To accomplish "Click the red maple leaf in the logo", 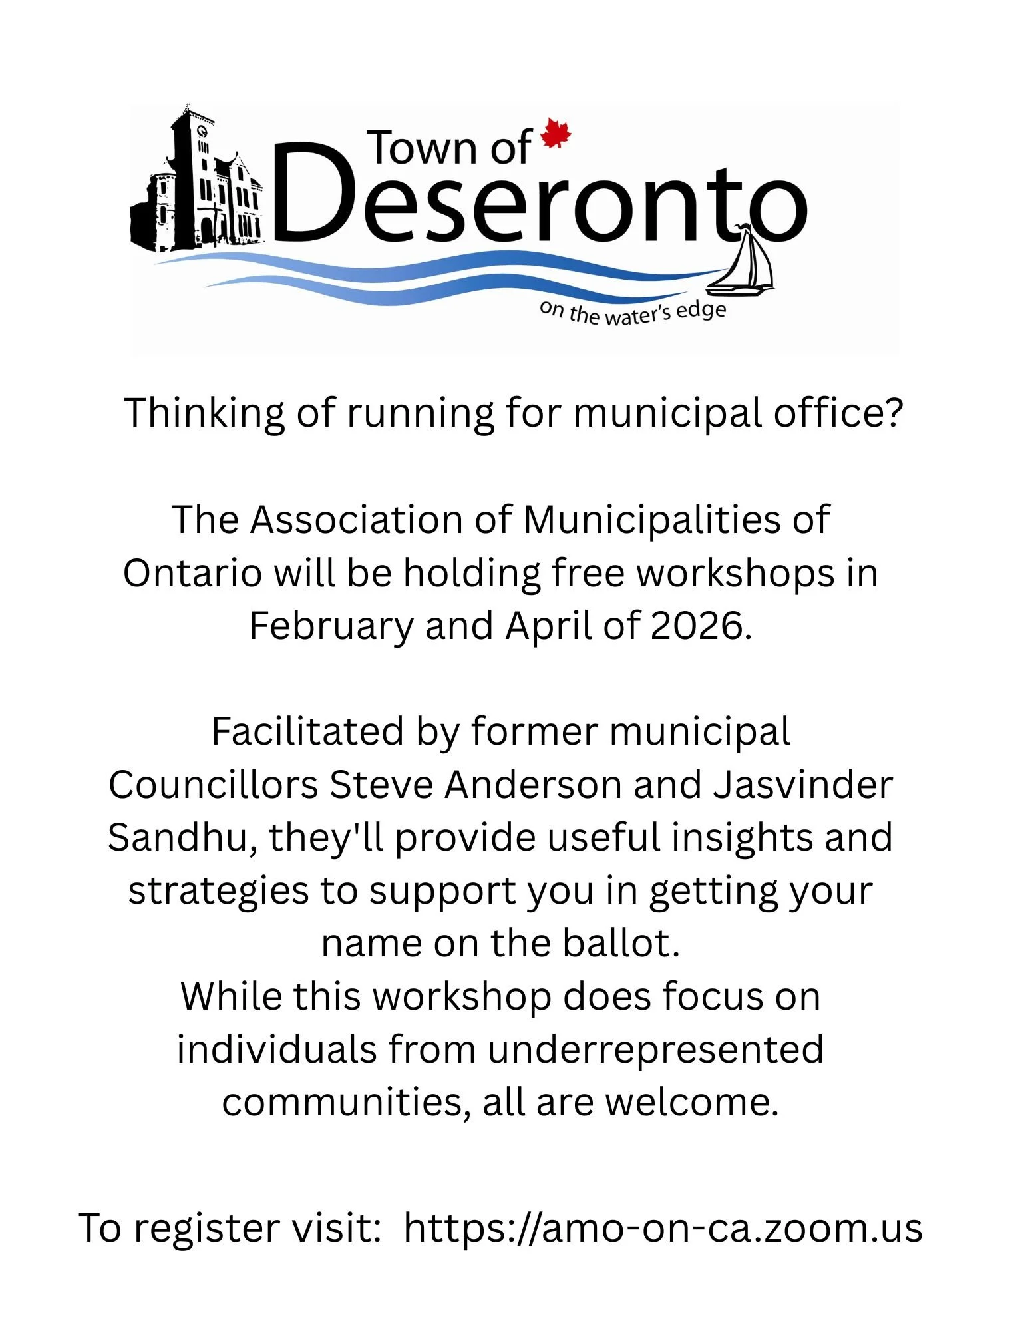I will tap(556, 134).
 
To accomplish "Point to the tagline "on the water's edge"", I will tap(632, 313).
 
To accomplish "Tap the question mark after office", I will tap(893, 413).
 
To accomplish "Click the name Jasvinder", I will tap(802, 785).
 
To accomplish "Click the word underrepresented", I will tap(655, 1049).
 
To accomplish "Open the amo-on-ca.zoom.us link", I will tap(663, 1228).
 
